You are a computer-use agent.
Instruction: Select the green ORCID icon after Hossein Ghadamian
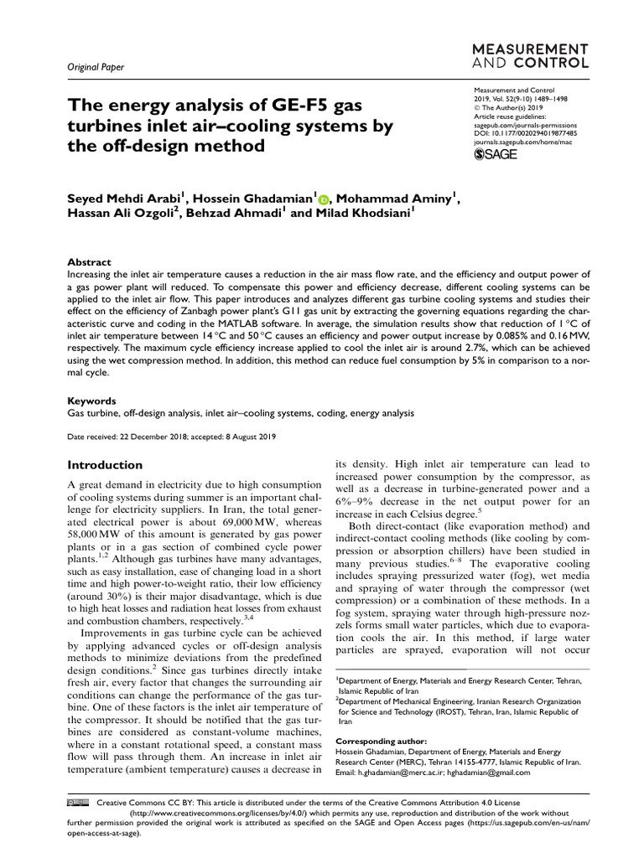tap(323, 199)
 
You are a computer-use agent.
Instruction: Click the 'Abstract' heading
tap(89, 261)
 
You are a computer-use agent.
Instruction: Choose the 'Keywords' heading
tap(91, 401)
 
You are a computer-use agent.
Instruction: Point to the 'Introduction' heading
tap(105, 464)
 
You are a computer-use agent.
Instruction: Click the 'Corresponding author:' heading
tap(381, 742)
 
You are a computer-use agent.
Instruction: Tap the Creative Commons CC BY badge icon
tap(76, 803)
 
